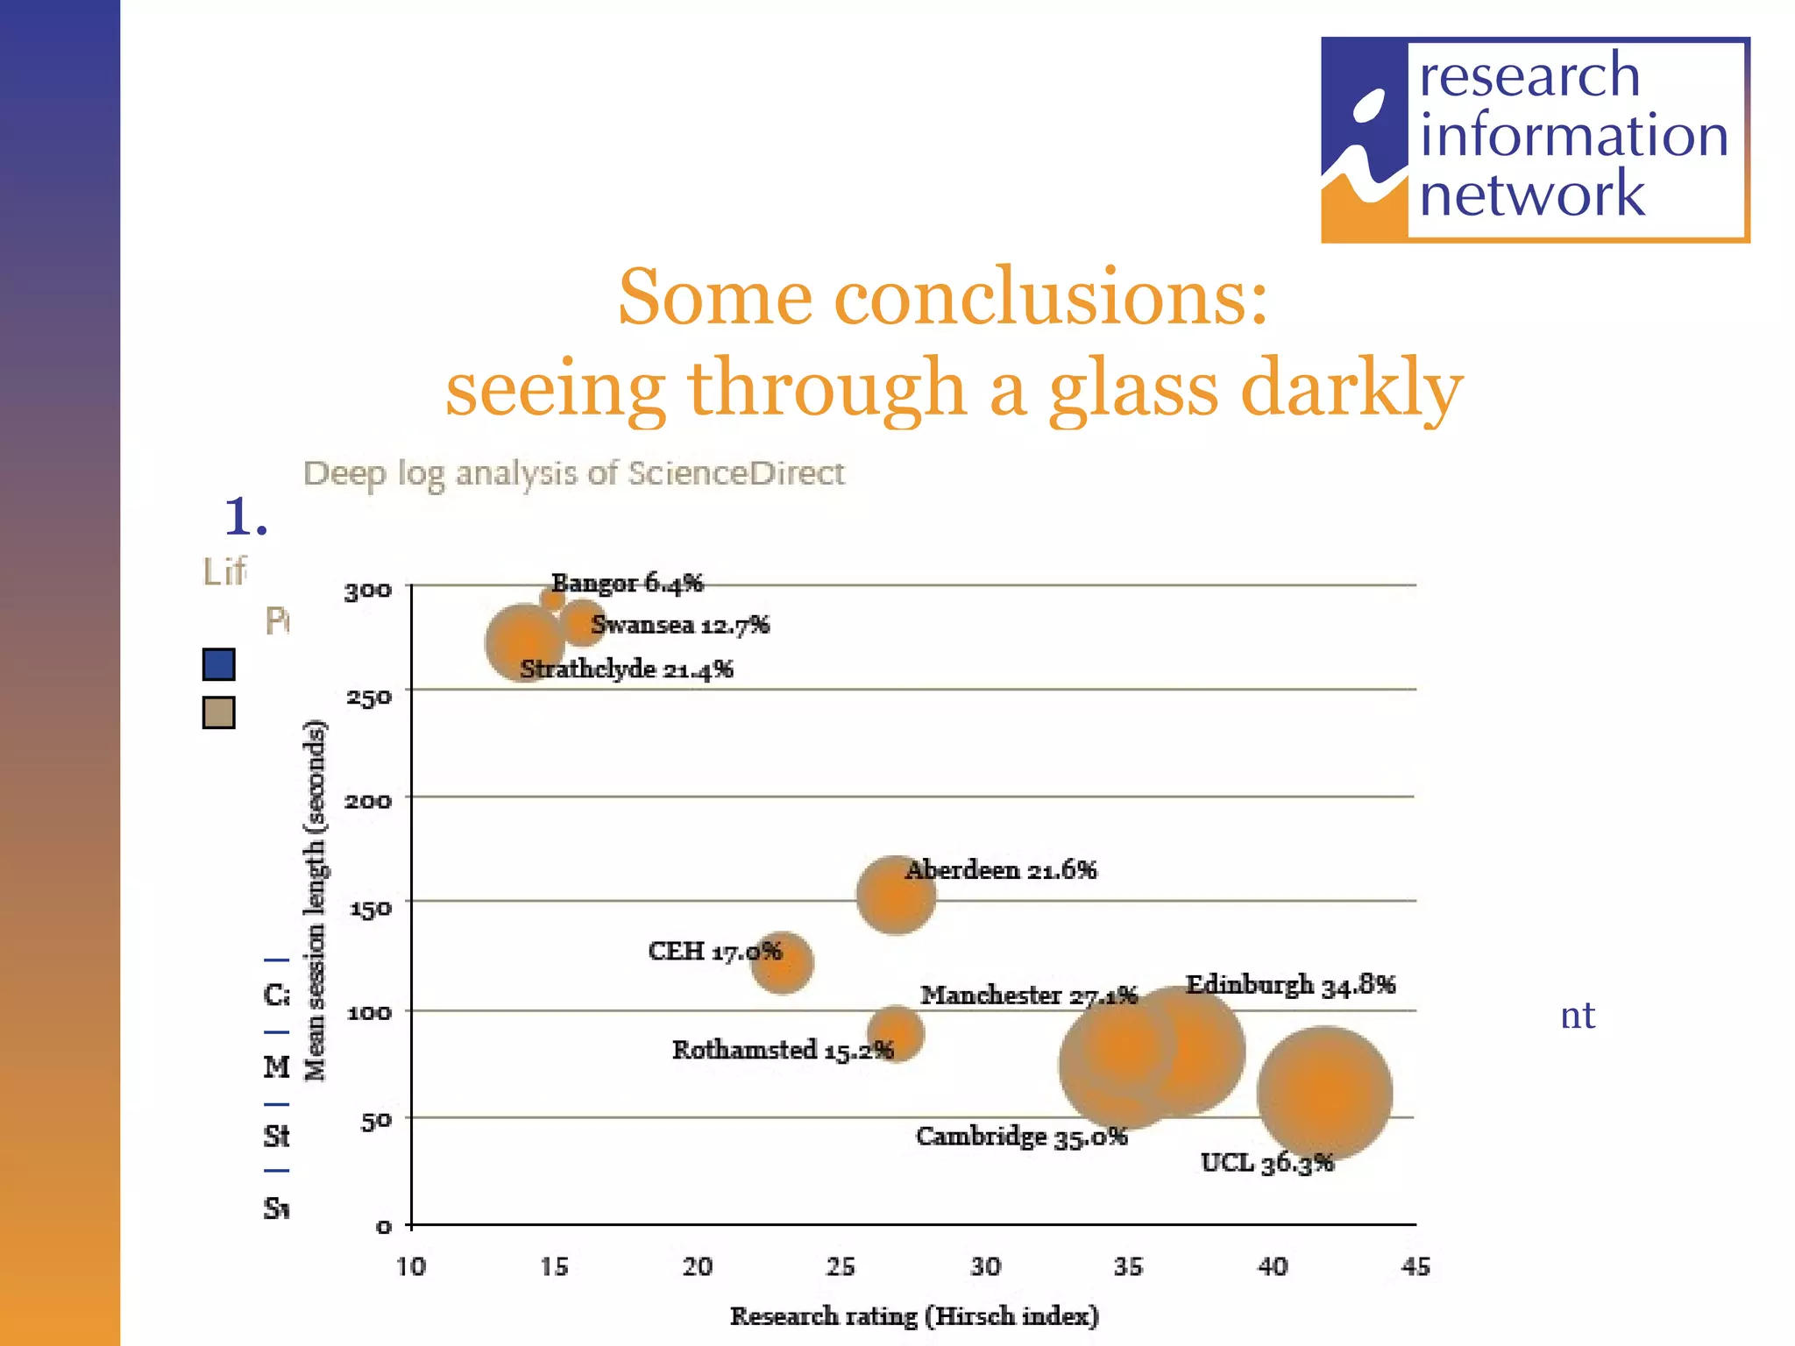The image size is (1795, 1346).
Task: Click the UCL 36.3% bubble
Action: click(x=1324, y=1094)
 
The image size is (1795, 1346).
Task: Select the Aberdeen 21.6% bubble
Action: click(x=895, y=895)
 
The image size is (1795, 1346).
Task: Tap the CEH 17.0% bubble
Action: click(x=782, y=963)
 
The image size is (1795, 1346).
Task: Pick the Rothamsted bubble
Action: click(x=896, y=1034)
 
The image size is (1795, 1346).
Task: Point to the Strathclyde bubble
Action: click(x=524, y=642)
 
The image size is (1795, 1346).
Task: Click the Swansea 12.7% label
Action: click(x=680, y=625)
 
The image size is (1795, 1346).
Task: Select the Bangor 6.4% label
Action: click(x=628, y=583)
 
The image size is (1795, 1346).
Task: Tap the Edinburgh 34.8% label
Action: click(x=1290, y=985)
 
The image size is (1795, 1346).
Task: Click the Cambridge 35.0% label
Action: click(x=1021, y=1137)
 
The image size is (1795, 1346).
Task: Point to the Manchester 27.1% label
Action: click(x=1028, y=995)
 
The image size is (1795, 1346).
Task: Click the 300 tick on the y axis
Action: click(x=368, y=591)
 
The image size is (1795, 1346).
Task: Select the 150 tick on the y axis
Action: click(x=370, y=908)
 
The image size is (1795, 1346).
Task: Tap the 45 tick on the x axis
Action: click(x=1415, y=1266)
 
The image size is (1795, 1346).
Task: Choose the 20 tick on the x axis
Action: click(x=698, y=1266)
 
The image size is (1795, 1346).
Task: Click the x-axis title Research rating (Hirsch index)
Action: click(x=914, y=1316)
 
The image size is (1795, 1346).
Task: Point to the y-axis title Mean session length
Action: click(x=316, y=900)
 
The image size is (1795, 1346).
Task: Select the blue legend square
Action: click(x=218, y=664)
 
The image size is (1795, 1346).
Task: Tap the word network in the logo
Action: click(x=1531, y=195)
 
